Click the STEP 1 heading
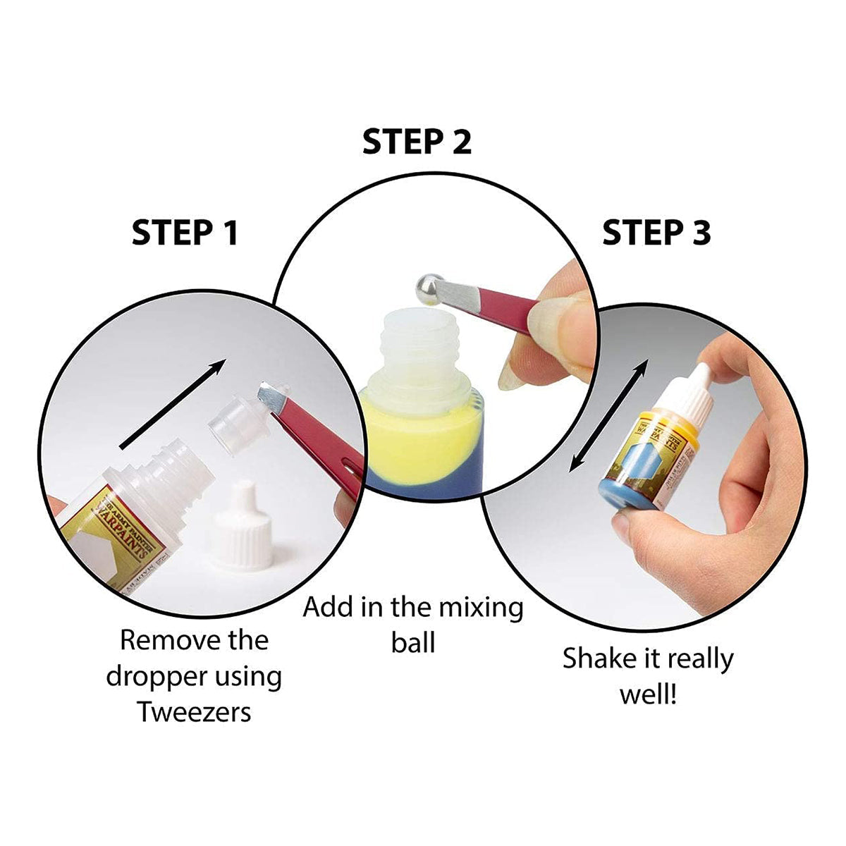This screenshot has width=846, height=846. pyautogui.click(x=185, y=233)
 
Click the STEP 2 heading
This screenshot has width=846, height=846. pyautogui.click(x=417, y=142)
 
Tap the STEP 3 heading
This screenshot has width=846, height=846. pyautogui.click(x=656, y=233)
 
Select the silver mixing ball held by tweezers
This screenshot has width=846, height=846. pyautogui.click(x=425, y=289)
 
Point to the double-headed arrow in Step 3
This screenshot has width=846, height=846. pyautogui.click(x=608, y=415)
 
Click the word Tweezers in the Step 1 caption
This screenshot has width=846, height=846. pyautogui.click(x=195, y=711)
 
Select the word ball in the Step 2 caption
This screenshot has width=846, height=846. pyautogui.click(x=413, y=642)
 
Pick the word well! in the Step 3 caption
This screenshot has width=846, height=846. pyautogui.click(x=648, y=694)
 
